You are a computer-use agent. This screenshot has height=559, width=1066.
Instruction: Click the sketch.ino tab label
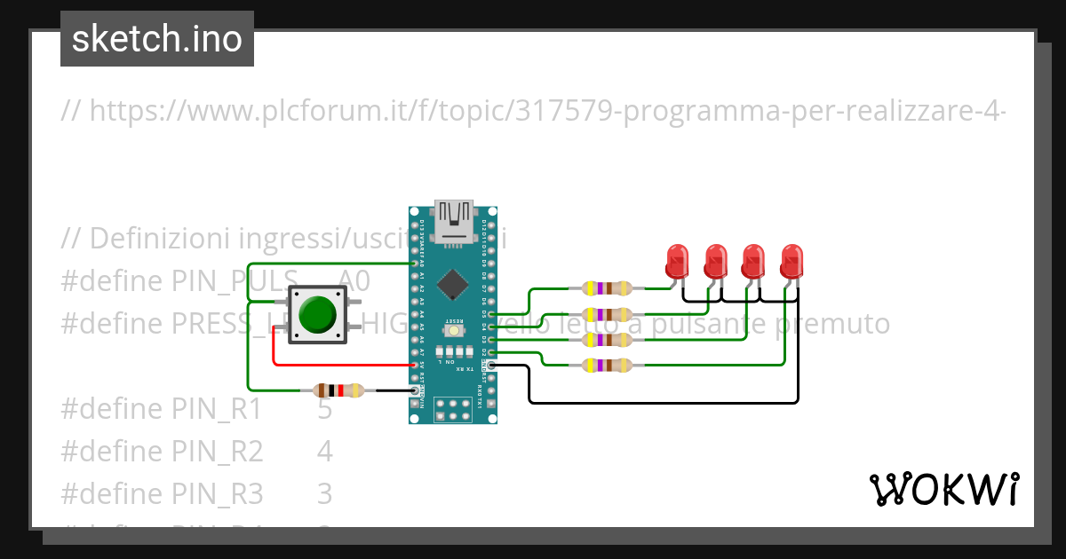click(157, 39)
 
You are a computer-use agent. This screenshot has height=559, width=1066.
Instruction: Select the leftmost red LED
click(678, 260)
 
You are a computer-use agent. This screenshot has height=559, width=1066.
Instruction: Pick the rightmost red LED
click(792, 260)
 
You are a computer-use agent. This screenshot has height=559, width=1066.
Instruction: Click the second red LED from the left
click(716, 260)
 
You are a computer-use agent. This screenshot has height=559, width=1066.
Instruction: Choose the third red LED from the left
click(753, 260)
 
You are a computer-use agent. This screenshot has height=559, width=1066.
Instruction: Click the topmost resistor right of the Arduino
click(607, 287)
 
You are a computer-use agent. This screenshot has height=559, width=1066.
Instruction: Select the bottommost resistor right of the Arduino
click(607, 365)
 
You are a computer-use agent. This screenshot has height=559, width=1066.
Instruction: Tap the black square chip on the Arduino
click(454, 283)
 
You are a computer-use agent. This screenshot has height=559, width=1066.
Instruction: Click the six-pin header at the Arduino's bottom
click(453, 409)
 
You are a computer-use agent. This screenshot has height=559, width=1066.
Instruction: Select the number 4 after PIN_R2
click(325, 452)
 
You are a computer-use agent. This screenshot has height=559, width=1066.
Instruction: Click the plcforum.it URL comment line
click(533, 111)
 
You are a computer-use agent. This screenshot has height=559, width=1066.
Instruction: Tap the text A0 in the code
click(354, 281)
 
